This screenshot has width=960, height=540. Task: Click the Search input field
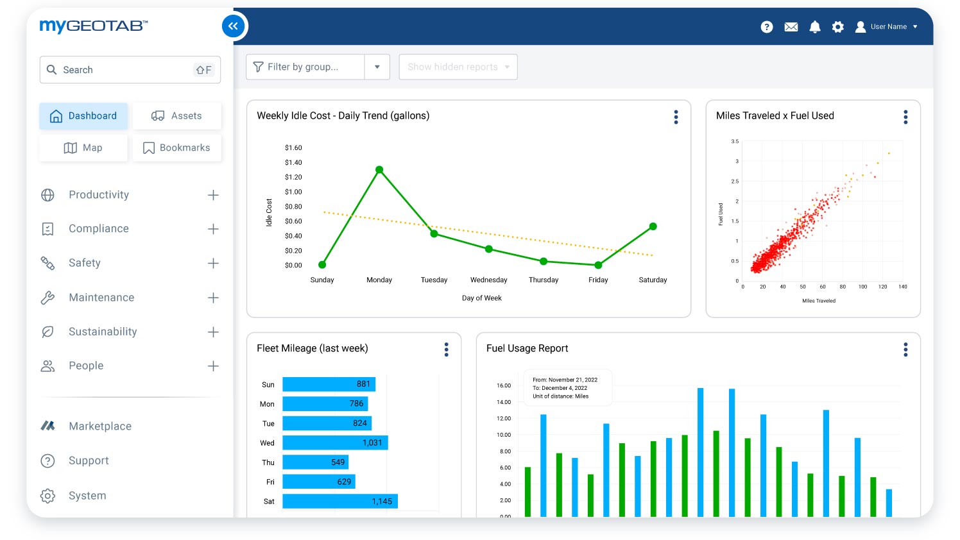coord(128,70)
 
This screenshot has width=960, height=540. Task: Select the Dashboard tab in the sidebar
coord(83,116)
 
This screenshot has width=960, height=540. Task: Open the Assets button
coord(176,116)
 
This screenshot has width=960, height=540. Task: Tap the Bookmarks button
coord(176,148)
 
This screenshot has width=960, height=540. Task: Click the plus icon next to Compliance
coord(213,229)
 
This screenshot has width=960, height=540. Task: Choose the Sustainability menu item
coord(103,332)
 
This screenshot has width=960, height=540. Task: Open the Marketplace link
coord(99,426)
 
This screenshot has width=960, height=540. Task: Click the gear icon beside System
coord(47,496)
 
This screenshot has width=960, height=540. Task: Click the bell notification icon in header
coord(815,27)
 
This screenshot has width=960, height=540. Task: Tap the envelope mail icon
coord(791,27)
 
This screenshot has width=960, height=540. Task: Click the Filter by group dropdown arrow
coord(377,67)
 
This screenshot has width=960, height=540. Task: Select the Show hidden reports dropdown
coord(458,67)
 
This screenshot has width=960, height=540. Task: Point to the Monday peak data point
coord(379,170)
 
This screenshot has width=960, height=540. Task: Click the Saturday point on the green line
coord(653,226)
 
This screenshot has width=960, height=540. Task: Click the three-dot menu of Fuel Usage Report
coord(905,350)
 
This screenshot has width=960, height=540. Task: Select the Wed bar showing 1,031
coord(335,443)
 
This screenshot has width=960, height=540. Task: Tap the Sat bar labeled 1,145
coord(340,502)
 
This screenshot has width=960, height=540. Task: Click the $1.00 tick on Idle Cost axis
coord(293,192)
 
